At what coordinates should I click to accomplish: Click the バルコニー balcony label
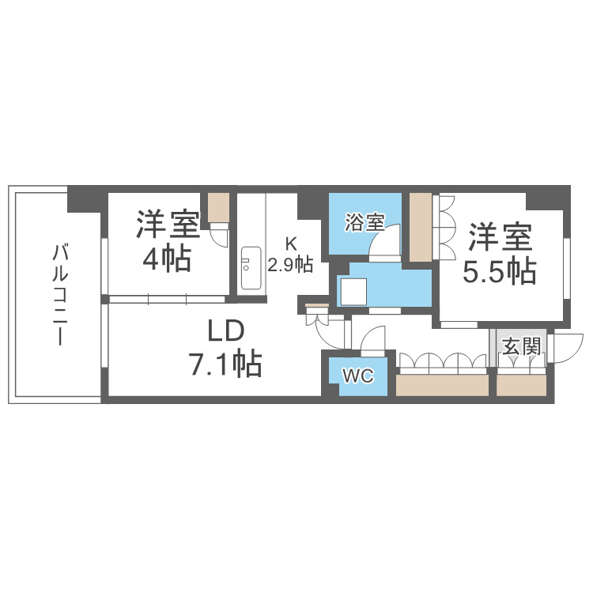tap(58, 295)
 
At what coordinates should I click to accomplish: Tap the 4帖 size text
tap(167, 258)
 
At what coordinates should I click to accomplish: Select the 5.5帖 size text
tap(499, 272)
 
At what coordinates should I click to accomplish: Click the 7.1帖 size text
tap(225, 364)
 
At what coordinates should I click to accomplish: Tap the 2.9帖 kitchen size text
tap(290, 265)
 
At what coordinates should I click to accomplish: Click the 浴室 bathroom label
tap(364, 223)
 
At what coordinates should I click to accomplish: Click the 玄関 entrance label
tap(521, 347)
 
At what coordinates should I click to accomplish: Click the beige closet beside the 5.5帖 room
tap(421, 225)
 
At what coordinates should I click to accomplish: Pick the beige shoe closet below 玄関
tap(521, 385)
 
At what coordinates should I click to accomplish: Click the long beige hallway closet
tap(442, 385)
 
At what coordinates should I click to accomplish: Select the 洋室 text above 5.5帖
tap(499, 236)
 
